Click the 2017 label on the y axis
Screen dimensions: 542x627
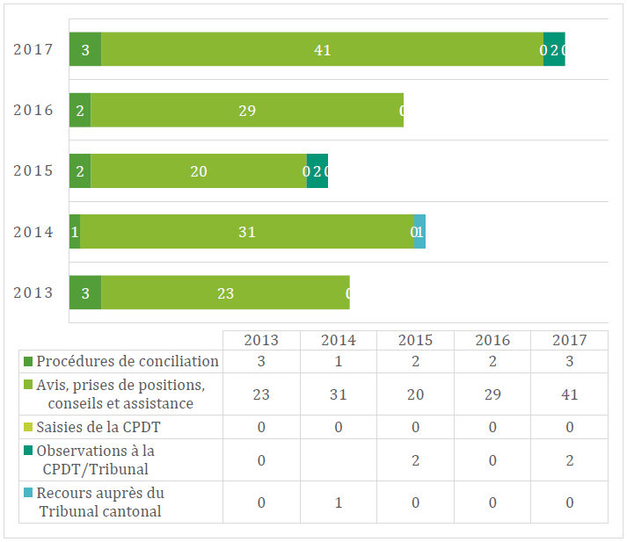33,49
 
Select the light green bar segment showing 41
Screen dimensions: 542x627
322,49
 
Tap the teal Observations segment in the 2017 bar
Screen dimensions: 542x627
554,49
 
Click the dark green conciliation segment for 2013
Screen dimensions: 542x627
85,293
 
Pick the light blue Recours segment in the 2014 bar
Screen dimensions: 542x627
420,232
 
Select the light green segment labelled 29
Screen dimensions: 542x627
247,110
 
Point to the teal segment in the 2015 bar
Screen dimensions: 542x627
317,171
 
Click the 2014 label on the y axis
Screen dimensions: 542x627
33,232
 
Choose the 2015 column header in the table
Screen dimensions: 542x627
415,340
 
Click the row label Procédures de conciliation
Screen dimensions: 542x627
128,361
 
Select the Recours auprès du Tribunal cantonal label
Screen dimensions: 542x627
101,502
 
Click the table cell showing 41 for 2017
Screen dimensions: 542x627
569,394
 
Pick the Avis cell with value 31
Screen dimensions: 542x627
339,394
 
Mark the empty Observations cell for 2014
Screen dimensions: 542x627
339,460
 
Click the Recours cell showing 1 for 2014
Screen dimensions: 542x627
339,502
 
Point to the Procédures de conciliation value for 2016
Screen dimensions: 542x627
492,361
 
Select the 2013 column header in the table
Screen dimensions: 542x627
261,340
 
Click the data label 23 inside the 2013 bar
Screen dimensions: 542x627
225,293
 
